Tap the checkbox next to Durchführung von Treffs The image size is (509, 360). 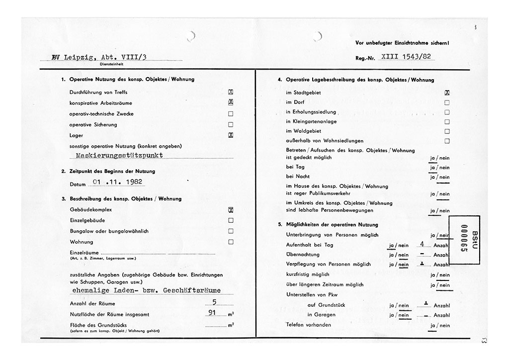click(231, 92)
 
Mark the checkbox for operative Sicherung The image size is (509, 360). click(231, 125)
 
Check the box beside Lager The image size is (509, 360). click(231, 135)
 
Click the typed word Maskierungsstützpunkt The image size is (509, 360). click(119, 155)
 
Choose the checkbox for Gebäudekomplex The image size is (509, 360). click(231, 210)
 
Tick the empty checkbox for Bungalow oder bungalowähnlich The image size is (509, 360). click(231, 231)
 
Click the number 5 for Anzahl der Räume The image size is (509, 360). click(214, 301)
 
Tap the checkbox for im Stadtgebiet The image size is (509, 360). click(447, 92)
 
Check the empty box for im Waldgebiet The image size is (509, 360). click(447, 131)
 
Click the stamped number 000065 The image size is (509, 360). click(464, 240)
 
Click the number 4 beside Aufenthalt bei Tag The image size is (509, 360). click(422, 244)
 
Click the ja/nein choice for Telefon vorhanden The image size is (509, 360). click(440, 326)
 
